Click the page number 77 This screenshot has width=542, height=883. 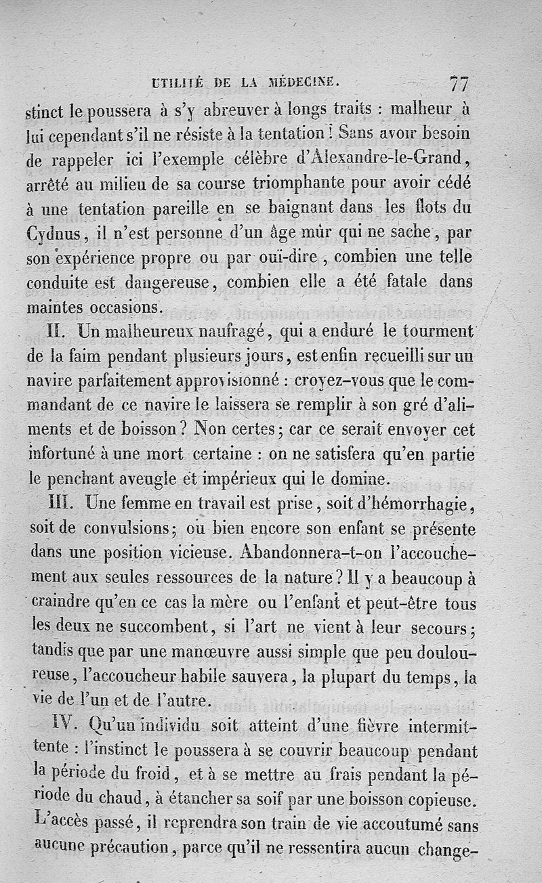pyautogui.click(x=459, y=84)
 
